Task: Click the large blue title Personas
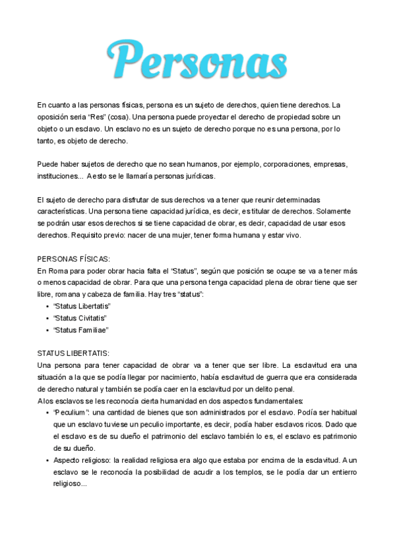197,59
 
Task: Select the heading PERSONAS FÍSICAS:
74,258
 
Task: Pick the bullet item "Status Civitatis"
80,318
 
